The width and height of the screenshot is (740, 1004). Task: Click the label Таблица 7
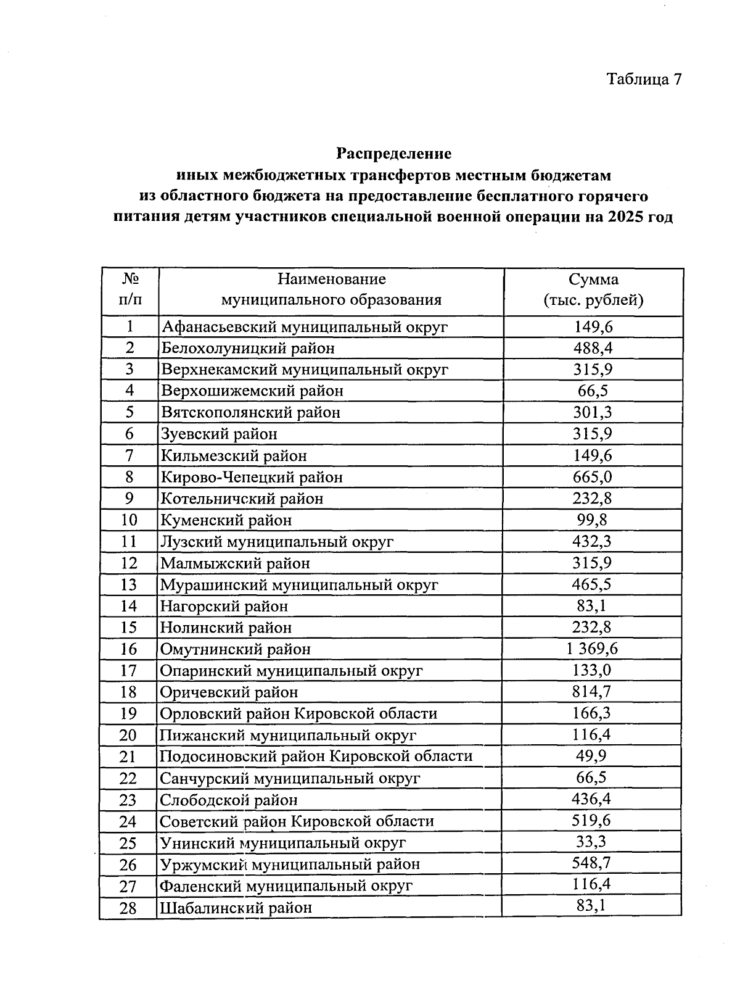coord(644,79)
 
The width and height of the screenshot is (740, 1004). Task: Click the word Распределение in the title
coord(393,153)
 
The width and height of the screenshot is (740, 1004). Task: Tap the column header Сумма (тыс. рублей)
coord(593,290)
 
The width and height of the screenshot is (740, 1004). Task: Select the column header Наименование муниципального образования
coord(331,290)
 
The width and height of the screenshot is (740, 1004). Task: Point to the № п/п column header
coord(129,290)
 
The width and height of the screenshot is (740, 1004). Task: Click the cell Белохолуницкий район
coord(248,348)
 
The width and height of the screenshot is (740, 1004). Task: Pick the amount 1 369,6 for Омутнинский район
coord(593,649)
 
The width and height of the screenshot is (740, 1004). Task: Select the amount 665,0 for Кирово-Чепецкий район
coord(593,477)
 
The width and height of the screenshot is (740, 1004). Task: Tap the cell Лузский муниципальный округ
coord(277,542)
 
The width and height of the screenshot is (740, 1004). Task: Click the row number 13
coord(129,584)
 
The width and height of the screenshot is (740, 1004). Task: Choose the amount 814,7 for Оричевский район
coord(593,692)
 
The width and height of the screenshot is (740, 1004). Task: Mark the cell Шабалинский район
coord(236,908)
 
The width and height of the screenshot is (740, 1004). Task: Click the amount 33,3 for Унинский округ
coord(593,842)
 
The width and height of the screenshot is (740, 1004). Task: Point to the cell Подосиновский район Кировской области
coord(316,757)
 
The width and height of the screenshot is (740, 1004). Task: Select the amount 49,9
coord(593,756)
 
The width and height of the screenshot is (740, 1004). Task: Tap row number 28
coord(128,908)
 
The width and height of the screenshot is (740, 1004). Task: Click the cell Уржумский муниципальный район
coord(290,865)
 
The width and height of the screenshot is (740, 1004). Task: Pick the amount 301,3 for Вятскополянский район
coord(593,412)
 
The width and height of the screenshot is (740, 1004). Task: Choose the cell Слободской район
coord(229,800)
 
